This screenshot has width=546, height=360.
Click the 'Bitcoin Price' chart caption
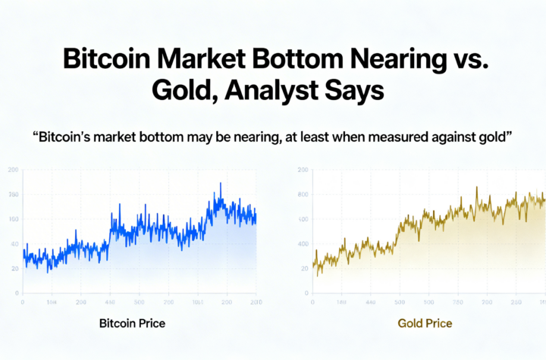point(132,324)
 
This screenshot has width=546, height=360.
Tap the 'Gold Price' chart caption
point(425,324)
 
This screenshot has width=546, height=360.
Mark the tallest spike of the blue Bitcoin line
point(221,183)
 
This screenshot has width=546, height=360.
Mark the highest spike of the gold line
point(476,187)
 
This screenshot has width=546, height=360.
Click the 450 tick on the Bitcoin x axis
point(109,302)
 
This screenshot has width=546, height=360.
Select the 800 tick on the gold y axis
point(303,195)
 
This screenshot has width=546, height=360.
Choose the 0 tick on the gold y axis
point(305,293)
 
